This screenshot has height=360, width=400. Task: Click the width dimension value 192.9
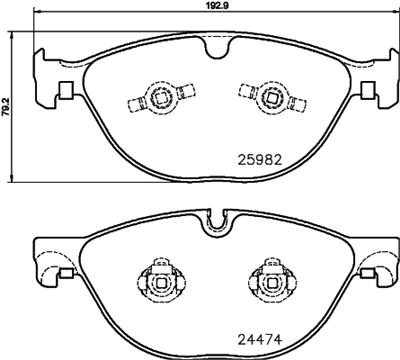[x=208, y=6]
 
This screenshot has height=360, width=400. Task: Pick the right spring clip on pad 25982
[x=269, y=96]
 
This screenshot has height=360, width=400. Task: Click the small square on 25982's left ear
[x=64, y=93]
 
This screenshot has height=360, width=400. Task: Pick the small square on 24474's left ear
[x=64, y=269]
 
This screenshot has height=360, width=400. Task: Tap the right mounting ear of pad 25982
[x=376, y=80]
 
